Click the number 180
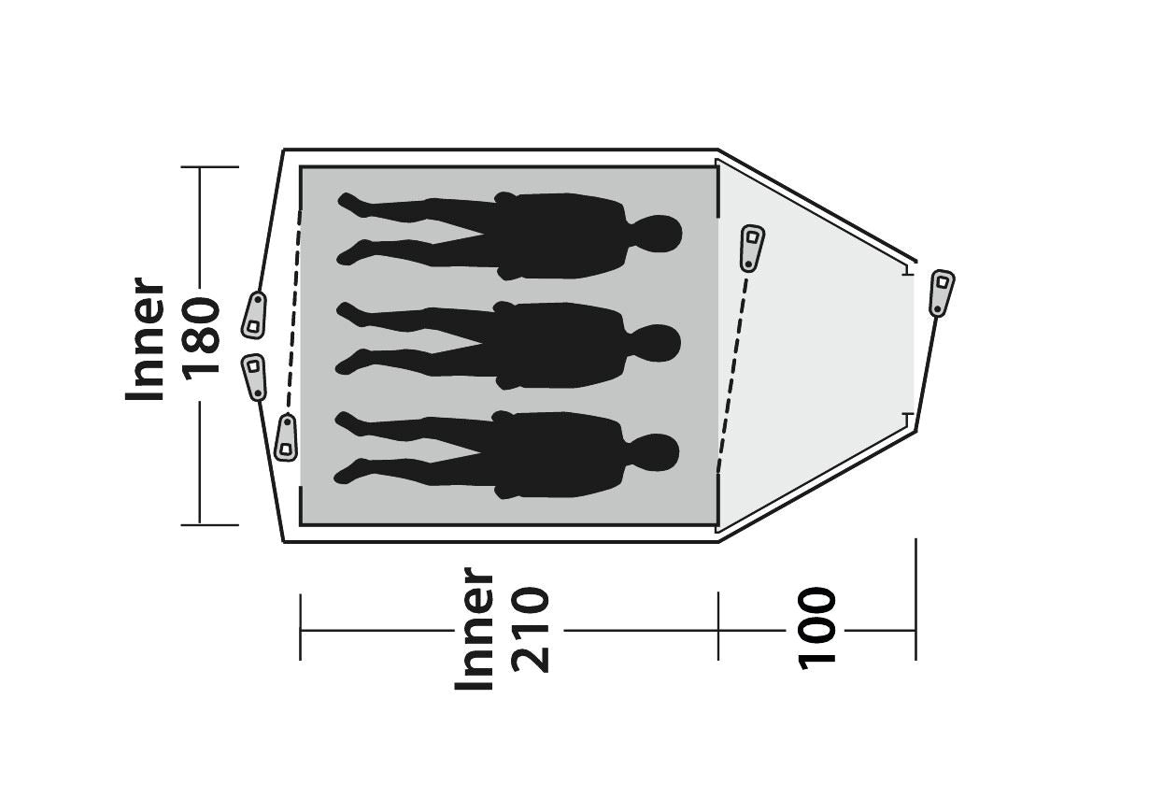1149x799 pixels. (x=201, y=337)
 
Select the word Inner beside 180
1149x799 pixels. (x=147, y=338)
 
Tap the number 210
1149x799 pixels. (x=530, y=629)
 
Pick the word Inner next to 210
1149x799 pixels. (x=475, y=629)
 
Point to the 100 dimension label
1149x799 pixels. (x=816, y=628)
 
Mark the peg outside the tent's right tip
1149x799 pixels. (x=941, y=292)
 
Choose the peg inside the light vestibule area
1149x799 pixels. (x=751, y=248)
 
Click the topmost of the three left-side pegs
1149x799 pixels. (x=254, y=314)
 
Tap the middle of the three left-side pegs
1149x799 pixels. (x=254, y=376)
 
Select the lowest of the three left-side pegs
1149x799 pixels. (x=286, y=436)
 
